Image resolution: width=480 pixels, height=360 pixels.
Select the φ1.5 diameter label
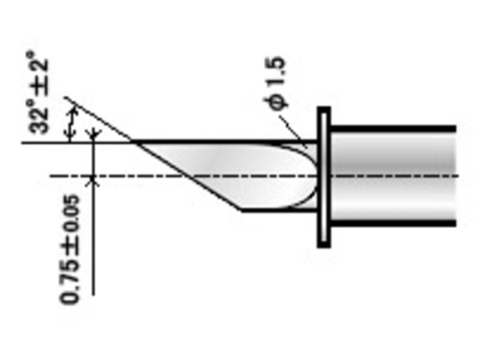(277, 88)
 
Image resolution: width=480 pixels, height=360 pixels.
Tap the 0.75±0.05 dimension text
(70, 249)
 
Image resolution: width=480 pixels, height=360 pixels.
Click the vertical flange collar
(324, 176)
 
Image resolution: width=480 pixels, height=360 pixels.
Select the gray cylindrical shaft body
(392, 176)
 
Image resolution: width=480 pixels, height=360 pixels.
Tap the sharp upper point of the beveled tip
(133, 142)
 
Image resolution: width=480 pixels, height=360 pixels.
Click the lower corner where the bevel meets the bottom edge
(242, 210)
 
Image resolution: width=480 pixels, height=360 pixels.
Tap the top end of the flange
(324, 110)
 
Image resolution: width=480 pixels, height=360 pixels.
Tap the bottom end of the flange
(324, 243)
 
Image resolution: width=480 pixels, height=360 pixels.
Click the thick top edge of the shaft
(392, 127)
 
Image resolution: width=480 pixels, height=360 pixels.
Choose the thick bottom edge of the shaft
(392, 226)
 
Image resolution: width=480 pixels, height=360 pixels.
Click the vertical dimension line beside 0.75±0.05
(94, 232)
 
